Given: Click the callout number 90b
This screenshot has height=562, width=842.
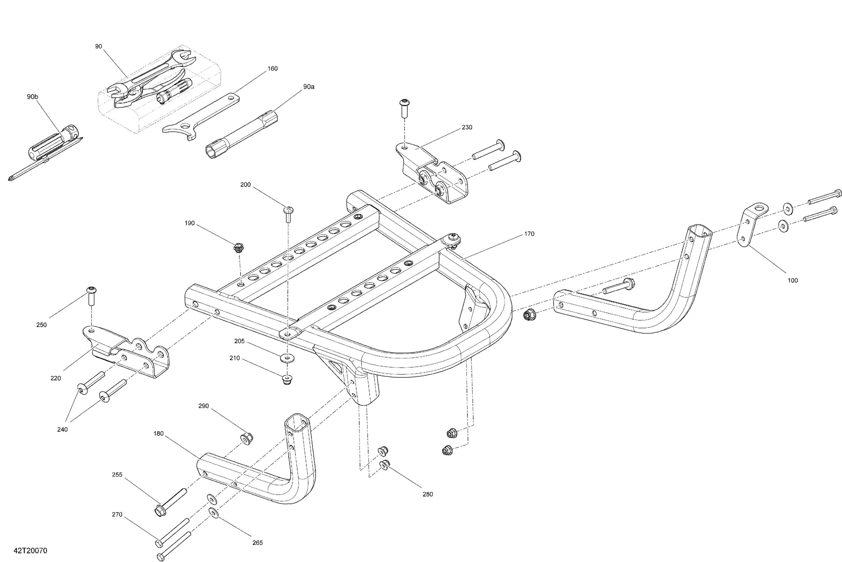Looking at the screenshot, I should (x=32, y=97).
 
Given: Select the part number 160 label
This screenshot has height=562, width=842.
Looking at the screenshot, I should (x=273, y=68).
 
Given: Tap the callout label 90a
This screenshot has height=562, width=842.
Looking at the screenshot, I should (x=308, y=87).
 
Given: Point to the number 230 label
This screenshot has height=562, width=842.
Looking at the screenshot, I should (x=466, y=127).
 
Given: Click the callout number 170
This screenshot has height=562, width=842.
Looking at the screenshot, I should (x=529, y=234).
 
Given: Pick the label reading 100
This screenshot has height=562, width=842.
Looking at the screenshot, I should (x=792, y=280).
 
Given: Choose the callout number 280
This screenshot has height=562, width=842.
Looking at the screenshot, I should (x=427, y=494).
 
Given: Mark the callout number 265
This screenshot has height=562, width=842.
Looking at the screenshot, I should (x=257, y=542).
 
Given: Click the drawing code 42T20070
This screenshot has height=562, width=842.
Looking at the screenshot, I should (x=30, y=550).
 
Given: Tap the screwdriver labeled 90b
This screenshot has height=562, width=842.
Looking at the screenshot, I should (x=54, y=147).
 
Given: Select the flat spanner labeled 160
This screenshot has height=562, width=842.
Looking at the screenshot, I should (x=201, y=118).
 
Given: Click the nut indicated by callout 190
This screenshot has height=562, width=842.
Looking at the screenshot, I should (x=239, y=248).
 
